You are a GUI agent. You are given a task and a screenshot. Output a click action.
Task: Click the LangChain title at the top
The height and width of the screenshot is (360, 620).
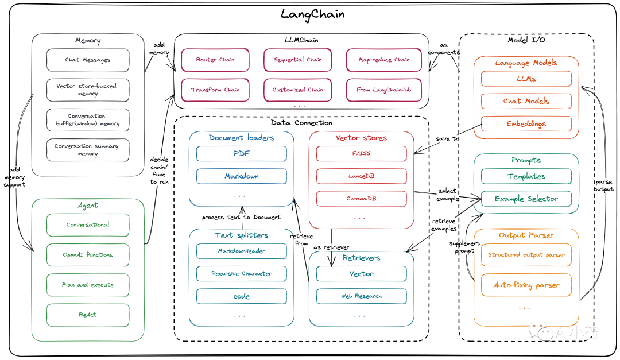312,14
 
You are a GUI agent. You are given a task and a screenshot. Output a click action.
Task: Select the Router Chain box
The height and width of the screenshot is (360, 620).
215,60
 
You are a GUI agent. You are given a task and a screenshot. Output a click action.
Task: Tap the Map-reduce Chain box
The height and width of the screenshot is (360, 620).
384,60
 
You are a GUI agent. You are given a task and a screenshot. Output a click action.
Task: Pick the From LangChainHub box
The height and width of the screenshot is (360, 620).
384,90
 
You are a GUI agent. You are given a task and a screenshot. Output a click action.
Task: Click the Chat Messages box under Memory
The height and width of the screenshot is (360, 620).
88,60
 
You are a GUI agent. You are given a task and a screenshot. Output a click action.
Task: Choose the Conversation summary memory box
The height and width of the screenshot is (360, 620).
88,150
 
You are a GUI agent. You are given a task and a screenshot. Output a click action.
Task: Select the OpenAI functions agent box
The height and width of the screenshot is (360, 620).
88,254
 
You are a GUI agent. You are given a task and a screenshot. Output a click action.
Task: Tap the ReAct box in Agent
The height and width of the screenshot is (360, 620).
88,315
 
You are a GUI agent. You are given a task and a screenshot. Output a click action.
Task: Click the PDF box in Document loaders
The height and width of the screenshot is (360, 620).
241,154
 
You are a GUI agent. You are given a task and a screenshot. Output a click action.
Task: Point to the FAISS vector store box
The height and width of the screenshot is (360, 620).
361,154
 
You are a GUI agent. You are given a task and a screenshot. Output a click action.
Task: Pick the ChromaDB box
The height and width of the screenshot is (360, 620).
361,199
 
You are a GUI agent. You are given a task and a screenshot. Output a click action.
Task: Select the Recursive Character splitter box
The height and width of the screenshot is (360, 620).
241,273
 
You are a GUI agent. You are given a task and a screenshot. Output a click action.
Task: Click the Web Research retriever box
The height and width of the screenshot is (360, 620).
361,296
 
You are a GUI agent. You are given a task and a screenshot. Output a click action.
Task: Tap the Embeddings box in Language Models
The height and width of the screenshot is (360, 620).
526,123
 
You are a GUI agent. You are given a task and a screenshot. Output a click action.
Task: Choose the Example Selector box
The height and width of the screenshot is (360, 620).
526,199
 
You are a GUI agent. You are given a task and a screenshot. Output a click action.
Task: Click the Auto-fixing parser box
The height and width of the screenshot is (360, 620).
526,285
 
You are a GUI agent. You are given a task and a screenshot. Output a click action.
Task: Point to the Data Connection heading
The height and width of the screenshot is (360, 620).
301,123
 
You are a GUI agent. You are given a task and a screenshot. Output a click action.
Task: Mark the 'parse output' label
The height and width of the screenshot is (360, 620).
603,185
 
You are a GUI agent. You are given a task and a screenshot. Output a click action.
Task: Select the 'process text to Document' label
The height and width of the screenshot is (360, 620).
241,217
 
